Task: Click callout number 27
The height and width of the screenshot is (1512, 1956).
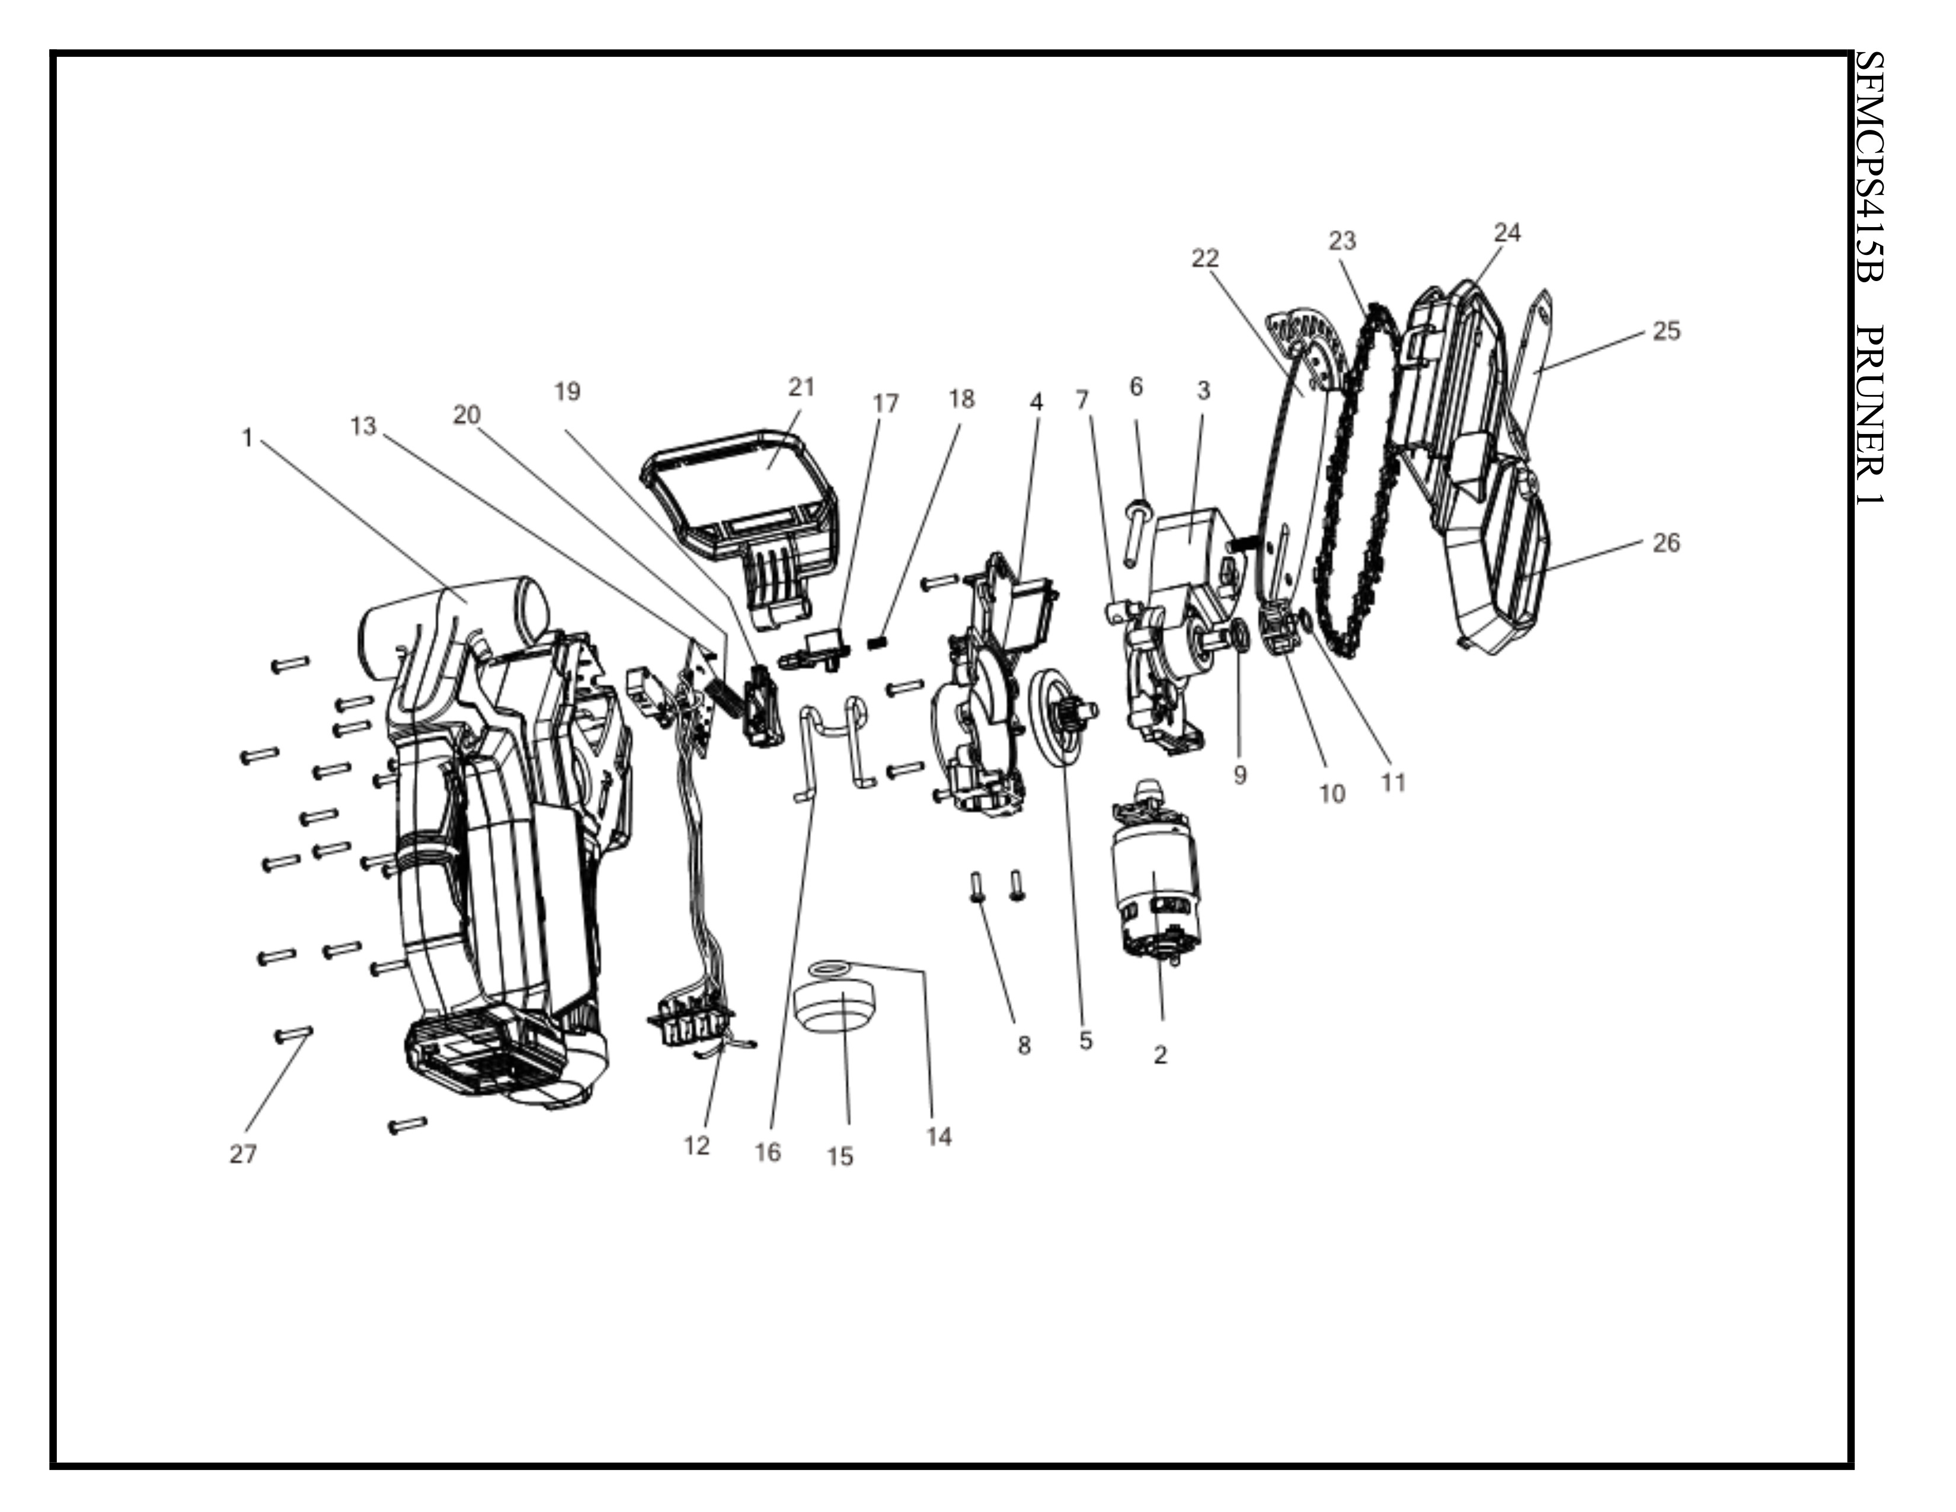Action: tap(242, 1154)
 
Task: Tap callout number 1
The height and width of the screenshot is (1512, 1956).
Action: tap(247, 437)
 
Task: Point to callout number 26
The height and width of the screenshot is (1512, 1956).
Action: tap(1666, 543)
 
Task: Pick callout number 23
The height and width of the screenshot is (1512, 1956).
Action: tap(1341, 240)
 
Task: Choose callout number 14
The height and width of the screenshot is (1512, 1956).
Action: tap(939, 1137)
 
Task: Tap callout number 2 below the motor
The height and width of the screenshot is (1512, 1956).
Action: tap(1161, 1055)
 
